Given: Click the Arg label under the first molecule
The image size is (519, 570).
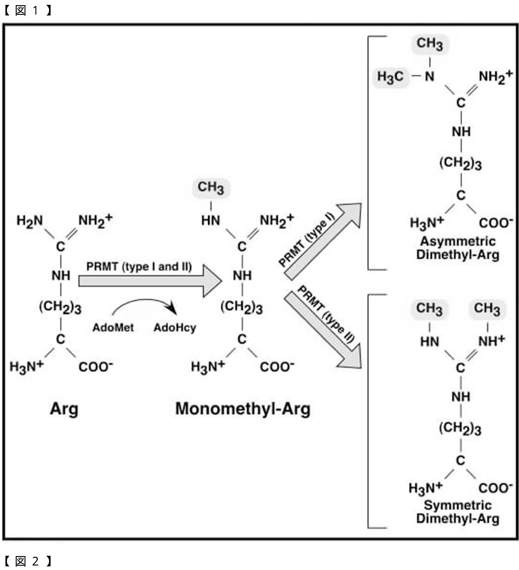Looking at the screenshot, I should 64,409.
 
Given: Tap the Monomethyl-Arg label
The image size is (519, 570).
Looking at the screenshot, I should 243,409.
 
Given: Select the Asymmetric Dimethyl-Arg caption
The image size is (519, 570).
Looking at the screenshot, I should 458,248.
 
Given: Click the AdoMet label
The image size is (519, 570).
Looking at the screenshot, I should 113,327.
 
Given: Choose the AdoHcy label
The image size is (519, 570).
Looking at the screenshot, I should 175,327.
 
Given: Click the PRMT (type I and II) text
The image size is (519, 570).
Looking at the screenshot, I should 139,267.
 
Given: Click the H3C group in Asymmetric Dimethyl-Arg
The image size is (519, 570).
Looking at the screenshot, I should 390,77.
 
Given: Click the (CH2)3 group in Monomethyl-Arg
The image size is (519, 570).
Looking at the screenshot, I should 241,307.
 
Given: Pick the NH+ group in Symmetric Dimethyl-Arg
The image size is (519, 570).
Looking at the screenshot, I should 491,341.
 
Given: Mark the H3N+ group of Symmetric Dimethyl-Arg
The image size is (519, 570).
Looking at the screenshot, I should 425,488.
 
